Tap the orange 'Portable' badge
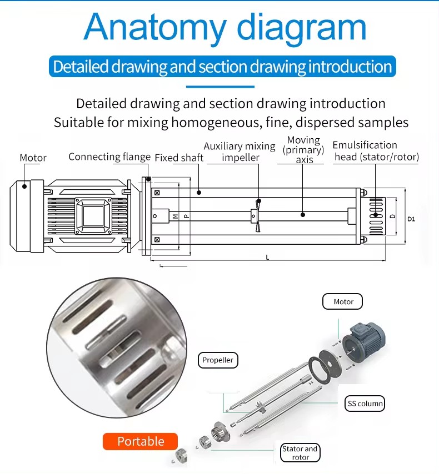point(140,441)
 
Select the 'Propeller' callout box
point(218,360)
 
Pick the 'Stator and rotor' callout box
point(300,453)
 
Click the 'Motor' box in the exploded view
point(343,301)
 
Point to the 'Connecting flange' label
point(109,157)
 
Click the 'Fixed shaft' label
point(179,158)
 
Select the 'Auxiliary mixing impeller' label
point(240,152)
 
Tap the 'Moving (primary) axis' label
point(303,150)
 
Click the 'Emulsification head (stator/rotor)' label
point(376,151)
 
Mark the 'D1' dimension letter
point(411,219)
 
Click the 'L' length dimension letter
point(267,257)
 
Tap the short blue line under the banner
point(219,87)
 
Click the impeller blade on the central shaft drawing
point(257,214)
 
